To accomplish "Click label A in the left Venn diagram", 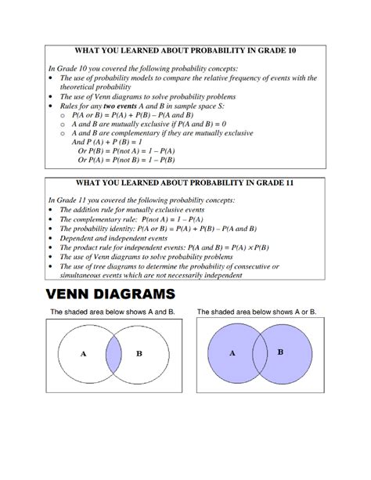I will [83, 354].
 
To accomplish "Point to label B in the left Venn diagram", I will [139, 354].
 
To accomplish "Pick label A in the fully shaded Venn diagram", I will [232, 353].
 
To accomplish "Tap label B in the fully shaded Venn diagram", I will [280, 352].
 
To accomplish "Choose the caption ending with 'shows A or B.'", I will [257, 312].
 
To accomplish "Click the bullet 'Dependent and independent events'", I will [113, 238].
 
